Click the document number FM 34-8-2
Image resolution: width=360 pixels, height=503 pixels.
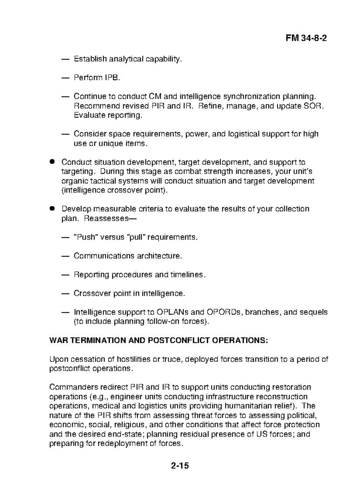coord(306,38)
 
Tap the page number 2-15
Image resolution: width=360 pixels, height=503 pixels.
coord(180,465)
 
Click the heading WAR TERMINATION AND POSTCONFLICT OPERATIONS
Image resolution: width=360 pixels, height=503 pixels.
coord(158,341)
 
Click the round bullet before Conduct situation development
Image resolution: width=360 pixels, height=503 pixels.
coord(52,162)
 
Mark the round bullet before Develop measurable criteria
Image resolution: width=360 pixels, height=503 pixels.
coord(52,208)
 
